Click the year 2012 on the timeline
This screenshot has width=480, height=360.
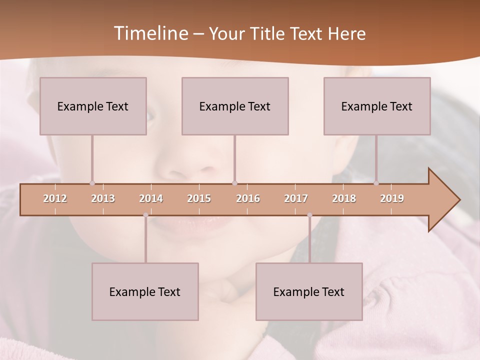(x=55, y=198)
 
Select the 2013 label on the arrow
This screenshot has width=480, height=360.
(x=103, y=198)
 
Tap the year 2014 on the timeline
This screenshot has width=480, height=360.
(x=151, y=198)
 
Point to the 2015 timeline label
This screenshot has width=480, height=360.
(x=199, y=198)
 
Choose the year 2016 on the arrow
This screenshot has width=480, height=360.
(x=248, y=198)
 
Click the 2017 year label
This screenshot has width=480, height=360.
(x=296, y=198)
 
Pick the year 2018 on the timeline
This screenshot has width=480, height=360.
(x=344, y=198)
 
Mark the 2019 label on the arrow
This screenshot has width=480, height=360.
(x=392, y=198)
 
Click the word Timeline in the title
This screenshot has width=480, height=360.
(x=150, y=33)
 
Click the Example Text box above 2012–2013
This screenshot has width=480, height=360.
(x=93, y=106)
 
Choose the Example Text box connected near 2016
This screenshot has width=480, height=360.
(x=235, y=106)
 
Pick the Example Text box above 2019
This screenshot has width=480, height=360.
(x=377, y=106)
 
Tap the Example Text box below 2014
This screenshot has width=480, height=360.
(x=145, y=292)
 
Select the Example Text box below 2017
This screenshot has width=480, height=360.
(x=309, y=292)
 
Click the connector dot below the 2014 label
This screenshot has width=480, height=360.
(x=145, y=215)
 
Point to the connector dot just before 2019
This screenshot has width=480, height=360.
(x=376, y=183)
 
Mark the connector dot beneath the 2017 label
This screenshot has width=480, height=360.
(x=309, y=215)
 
